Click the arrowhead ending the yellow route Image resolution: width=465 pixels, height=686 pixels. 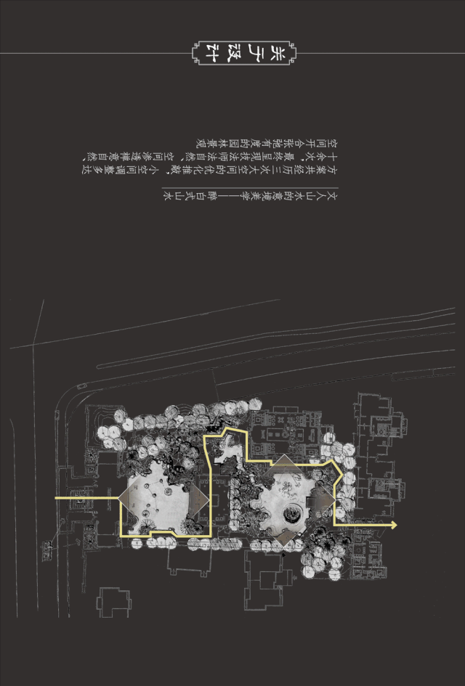pos(393,525)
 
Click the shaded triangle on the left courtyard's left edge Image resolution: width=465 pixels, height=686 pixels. pos(129,498)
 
